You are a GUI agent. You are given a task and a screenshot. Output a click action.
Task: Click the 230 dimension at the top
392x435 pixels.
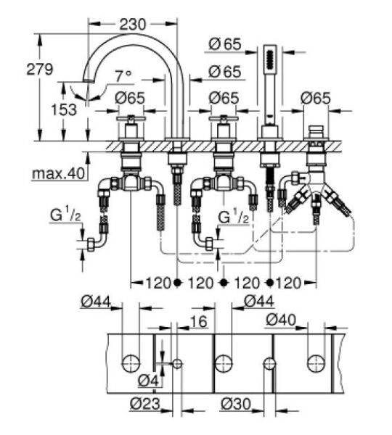133,23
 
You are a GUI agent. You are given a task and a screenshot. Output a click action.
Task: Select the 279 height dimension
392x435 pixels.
41,70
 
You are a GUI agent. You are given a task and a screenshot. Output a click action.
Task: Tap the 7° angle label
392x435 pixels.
124,75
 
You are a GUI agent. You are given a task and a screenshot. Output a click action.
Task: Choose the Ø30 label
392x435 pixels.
237,404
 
